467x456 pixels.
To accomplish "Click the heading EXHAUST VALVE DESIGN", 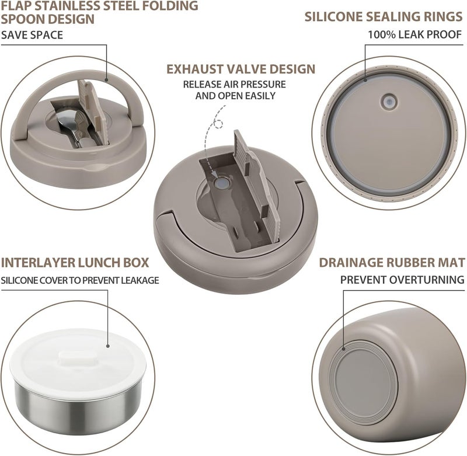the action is point(241,69).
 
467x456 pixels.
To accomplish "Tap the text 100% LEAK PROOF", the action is point(415,34).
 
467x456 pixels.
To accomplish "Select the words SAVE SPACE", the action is point(32,35).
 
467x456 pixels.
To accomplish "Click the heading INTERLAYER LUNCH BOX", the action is point(75,263).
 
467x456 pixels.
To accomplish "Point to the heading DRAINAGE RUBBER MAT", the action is point(392,262).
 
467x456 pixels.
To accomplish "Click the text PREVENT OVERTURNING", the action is point(402,280).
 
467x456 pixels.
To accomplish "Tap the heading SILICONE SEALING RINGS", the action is point(384,17).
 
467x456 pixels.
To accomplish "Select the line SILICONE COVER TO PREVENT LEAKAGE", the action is point(80,280).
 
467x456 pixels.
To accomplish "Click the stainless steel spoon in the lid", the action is point(71,126).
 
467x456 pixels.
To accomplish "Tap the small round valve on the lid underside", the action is point(389,102).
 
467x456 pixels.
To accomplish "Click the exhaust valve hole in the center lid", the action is point(222,183).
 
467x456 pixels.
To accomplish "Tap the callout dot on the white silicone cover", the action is point(108,346).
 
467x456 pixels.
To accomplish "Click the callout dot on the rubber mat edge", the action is point(343,349).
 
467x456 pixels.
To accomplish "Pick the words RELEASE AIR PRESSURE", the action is point(235,84).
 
